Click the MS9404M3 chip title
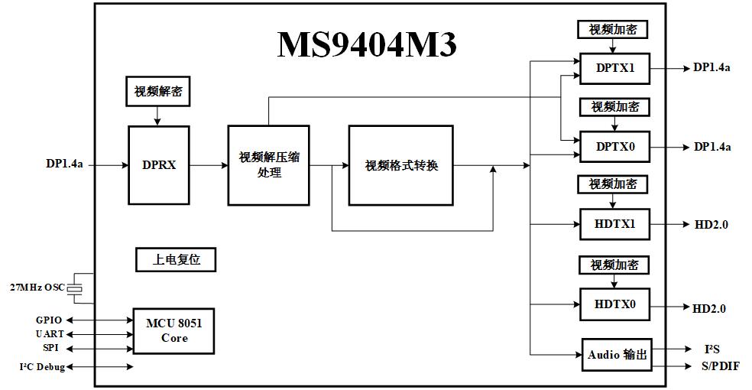(x=366, y=44)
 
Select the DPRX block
(x=158, y=164)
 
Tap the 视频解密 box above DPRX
(x=158, y=91)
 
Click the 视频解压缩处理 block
(x=269, y=164)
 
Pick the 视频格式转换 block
(x=401, y=165)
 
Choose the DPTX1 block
(x=615, y=68)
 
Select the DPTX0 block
(x=615, y=146)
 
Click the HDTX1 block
(x=615, y=225)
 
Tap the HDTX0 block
(x=615, y=305)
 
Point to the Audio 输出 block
(x=617, y=355)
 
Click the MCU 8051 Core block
(x=173, y=331)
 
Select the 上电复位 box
(x=176, y=259)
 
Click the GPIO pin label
(x=48, y=320)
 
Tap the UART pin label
(x=50, y=334)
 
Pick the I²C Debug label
(x=42, y=367)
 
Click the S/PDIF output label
(x=720, y=366)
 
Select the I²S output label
(x=712, y=349)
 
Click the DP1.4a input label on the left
(x=64, y=164)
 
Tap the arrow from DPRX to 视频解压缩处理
(x=208, y=165)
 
